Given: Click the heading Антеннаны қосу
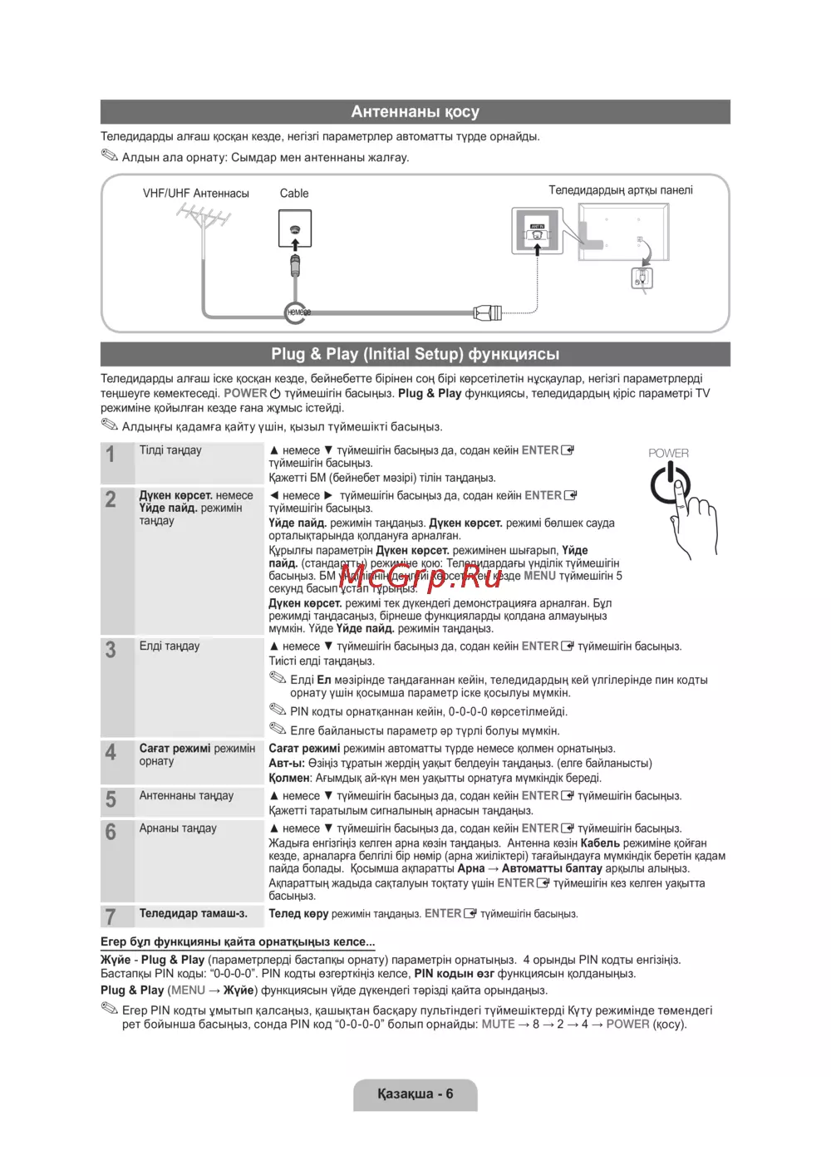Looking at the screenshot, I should [415, 112].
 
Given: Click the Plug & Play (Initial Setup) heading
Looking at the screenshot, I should [415, 354].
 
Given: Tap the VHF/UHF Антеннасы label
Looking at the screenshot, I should [196, 194].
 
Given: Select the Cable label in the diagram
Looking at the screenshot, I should [294, 194].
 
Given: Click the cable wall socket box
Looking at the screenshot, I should [294, 229].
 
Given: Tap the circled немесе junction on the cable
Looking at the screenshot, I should [296, 312].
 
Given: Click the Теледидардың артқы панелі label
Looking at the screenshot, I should [620, 190].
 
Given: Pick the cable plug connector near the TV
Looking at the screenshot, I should [488, 313].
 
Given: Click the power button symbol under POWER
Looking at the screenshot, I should [669, 484].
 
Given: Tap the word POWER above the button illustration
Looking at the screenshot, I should [668, 453].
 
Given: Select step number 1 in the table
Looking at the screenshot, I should [111, 455].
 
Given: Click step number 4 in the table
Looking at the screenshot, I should [111, 753].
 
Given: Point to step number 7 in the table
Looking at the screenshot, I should [111, 917].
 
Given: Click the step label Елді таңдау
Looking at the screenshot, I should [170, 646].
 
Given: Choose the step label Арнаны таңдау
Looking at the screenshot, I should [178, 828].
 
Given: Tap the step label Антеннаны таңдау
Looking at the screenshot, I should [186, 796].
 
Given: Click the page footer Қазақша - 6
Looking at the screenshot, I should [415, 1093].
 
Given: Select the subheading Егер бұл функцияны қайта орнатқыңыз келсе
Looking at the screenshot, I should [238, 942].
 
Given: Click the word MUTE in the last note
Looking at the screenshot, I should [498, 1025].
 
